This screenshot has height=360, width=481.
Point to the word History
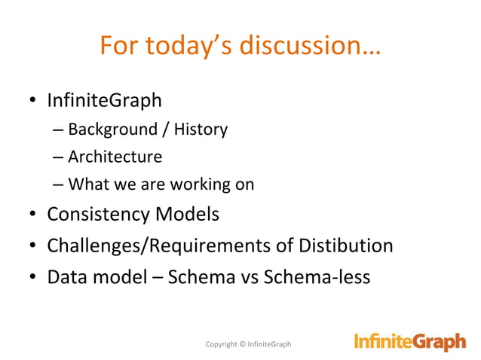point(201,130)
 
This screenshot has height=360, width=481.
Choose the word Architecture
point(115,157)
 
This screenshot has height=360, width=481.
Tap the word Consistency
point(99,215)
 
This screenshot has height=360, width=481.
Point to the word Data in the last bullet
point(65,276)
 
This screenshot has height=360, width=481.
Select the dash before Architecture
point(59,157)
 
